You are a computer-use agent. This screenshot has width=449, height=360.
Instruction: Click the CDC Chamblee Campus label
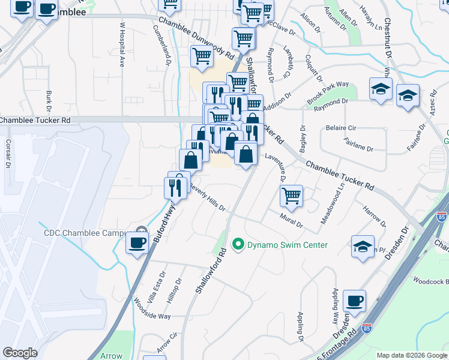(x=85, y=233)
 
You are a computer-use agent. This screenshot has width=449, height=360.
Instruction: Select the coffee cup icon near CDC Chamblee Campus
(x=138, y=242)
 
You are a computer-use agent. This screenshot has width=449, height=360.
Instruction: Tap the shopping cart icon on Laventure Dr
(x=291, y=195)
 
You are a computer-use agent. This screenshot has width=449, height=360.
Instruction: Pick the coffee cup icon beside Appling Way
(x=355, y=301)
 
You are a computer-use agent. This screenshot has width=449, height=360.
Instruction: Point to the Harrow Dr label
(x=375, y=215)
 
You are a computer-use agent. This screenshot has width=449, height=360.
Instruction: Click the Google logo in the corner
(x=20, y=353)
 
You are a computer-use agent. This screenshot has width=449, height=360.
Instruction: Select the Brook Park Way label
(x=328, y=91)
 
